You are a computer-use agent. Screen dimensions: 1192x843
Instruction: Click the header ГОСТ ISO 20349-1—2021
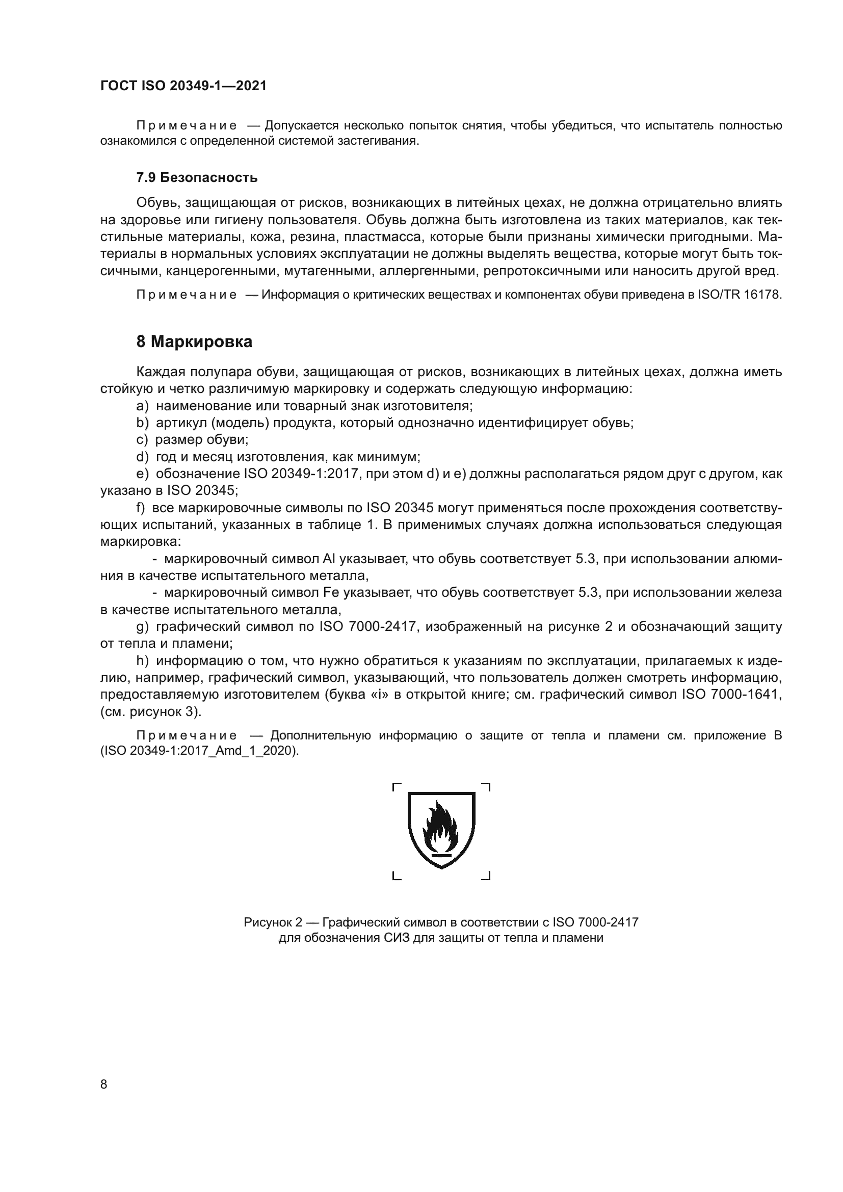pos(183,86)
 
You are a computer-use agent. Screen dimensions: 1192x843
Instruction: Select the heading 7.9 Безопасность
pos(197,177)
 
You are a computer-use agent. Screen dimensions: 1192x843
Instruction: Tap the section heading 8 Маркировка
pos(194,341)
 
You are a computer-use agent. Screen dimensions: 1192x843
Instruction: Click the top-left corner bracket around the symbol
pos(397,787)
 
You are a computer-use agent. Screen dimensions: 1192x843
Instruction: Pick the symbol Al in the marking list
pos(329,559)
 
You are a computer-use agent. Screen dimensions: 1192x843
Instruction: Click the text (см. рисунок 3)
pos(150,712)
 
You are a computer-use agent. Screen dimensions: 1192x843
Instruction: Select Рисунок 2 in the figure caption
pos(273,921)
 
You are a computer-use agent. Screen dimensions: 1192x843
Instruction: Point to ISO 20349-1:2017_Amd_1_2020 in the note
pos(199,751)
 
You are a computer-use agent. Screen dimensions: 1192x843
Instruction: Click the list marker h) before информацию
pos(142,661)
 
